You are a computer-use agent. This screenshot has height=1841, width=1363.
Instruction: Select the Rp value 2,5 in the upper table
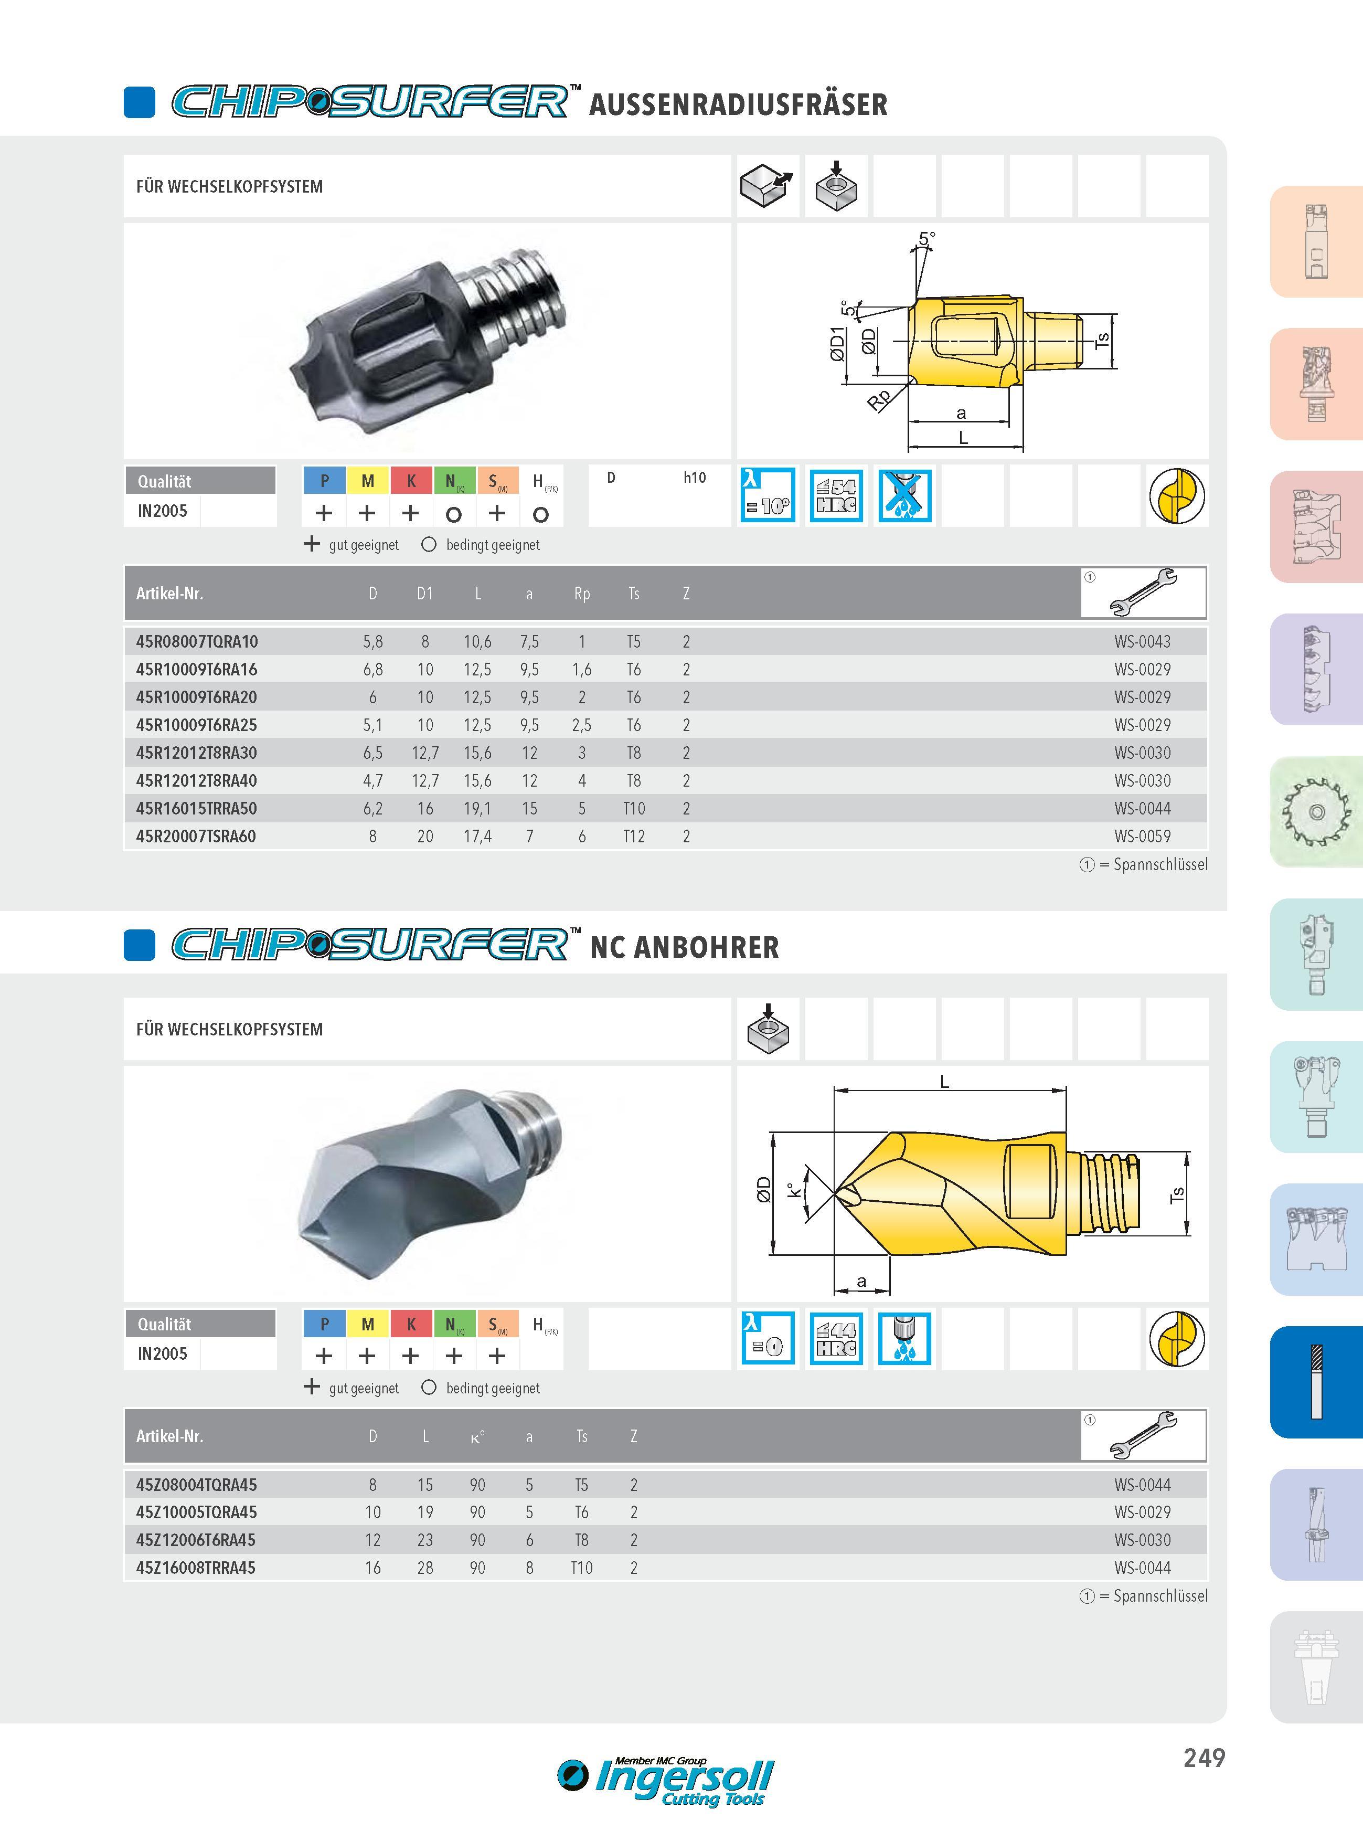[x=582, y=725]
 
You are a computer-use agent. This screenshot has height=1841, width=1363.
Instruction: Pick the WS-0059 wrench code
[x=1142, y=837]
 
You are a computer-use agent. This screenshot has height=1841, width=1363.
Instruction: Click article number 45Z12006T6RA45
[x=196, y=1540]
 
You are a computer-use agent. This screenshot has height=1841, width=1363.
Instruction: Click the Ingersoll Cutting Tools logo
[x=666, y=1782]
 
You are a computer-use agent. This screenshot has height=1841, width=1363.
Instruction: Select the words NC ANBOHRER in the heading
[x=685, y=947]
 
